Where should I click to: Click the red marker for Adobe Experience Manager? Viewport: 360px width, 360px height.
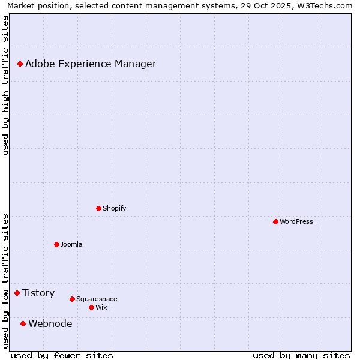(20, 64)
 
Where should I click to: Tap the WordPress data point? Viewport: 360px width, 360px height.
(275, 221)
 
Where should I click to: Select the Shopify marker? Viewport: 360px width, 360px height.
(98, 208)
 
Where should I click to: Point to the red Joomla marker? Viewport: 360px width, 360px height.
(56, 244)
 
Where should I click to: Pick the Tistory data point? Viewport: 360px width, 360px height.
(17, 293)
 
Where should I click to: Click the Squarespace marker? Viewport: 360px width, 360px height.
(72, 299)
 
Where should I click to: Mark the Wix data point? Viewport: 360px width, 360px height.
(91, 307)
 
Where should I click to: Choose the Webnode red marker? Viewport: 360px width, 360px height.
(23, 323)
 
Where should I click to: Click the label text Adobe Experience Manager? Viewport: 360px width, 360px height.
(91, 64)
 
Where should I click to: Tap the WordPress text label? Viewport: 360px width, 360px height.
(296, 221)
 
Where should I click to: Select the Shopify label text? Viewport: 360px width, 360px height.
(114, 208)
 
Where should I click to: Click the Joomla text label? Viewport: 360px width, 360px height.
(71, 244)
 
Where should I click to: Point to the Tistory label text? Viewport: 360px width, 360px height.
(38, 293)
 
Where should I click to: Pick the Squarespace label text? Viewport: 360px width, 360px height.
(97, 299)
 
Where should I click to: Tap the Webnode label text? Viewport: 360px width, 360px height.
(50, 323)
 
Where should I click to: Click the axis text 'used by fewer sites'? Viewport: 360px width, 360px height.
(62, 355)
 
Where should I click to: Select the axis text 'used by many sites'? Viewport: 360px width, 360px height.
(301, 355)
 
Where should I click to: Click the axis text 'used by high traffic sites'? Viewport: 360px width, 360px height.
(5, 86)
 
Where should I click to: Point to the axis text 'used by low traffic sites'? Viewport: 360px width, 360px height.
(5, 281)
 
